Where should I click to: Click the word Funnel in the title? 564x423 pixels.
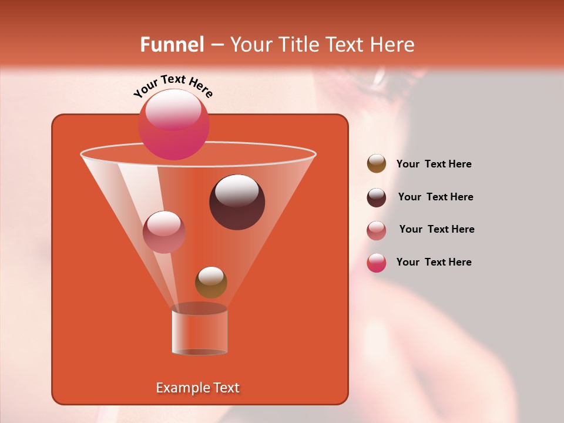coord(172,45)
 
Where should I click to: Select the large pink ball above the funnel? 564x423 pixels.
coord(174,124)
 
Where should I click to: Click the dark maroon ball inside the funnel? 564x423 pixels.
coord(237,202)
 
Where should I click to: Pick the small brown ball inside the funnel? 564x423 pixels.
coord(211,283)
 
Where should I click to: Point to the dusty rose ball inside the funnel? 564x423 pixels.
coord(164,231)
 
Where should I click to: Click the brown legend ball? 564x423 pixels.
coord(377,164)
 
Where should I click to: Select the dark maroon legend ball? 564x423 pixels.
coord(377,197)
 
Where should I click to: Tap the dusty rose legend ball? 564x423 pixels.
coord(377,230)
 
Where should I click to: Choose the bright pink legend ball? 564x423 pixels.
coord(377,263)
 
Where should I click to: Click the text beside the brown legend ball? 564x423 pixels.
coord(434,164)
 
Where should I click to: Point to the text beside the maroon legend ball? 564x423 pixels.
coord(435,197)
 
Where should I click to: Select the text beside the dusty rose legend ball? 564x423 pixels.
coord(437,230)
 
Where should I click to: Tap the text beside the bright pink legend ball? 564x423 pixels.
coord(434,263)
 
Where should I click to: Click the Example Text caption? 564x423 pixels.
coord(197,388)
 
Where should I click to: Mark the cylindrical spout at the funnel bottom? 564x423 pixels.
coord(199,331)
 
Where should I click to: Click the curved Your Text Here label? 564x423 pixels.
coord(173,85)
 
